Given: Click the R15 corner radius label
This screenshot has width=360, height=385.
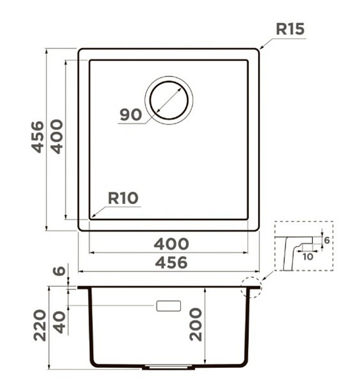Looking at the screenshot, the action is (290, 29).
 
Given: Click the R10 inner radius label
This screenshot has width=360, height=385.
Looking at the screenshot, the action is (123, 198).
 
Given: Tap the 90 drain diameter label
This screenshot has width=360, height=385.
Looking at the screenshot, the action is (131, 115).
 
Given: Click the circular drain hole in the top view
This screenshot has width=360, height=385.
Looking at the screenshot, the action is (169, 100).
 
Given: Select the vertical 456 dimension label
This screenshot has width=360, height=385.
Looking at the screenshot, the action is (38, 137).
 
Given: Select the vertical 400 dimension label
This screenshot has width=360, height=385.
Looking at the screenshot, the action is (56, 137).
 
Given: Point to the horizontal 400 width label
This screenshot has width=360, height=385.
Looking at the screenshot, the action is (171, 244).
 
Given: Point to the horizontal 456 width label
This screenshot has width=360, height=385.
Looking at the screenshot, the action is (171, 262).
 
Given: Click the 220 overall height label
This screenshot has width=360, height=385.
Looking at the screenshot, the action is (40, 325).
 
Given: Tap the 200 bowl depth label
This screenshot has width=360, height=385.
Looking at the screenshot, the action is (196, 325).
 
